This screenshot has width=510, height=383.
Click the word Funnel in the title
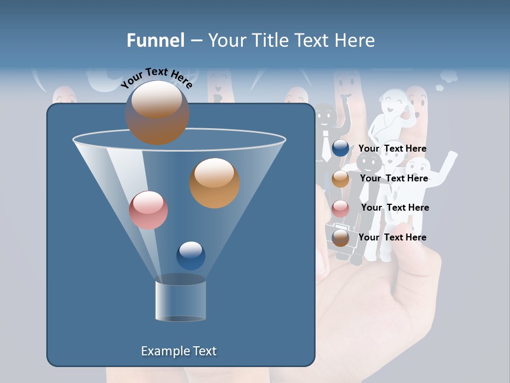(x=155, y=40)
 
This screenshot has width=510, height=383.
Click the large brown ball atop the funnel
(x=157, y=112)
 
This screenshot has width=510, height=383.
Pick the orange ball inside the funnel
(x=214, y=182)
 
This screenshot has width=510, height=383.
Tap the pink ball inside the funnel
(x=148, y=210)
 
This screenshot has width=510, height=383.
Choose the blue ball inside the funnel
(x=191, y=255)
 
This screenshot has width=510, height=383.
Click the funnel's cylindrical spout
(x=181, y=299)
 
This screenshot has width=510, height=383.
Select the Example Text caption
(x=178, y=351)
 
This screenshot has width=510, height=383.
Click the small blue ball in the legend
(x=341, y=148)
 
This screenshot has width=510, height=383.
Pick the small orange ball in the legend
(x=341, y=179)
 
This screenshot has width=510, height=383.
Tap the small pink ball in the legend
(x=341, y=208)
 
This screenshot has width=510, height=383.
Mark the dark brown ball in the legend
(x=341, y=238)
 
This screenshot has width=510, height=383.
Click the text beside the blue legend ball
(x=392, y=149)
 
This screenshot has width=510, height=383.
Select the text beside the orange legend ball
(x=394, y=179)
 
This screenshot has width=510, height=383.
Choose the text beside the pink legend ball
(x=395, y=208)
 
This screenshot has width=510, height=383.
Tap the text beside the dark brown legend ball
(x=392, y=237)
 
